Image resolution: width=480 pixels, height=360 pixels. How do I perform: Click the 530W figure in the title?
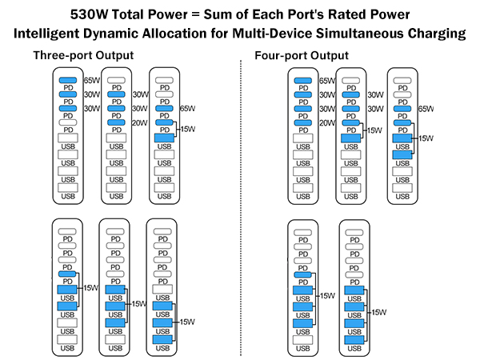pyautogui.click(x=89, y=14)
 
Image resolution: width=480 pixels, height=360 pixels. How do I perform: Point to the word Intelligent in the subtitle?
pyautogui.click(x=46, y=34)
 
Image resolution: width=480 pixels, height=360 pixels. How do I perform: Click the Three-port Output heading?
pyautogui.click(x=83, y=55)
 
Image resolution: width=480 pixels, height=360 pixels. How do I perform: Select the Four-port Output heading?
pyautogui.click(x=302, y=56)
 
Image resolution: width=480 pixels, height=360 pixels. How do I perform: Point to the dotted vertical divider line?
pyautogui.click(x=241, y=208)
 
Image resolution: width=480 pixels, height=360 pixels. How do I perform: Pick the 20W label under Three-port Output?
pyautogui.click(x=139, y=122)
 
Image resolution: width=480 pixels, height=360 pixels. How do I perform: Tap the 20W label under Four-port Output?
pyautogui.click(x=327, y=123)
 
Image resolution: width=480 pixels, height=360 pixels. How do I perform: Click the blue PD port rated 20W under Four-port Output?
pyautogui.click(x=303, y=123)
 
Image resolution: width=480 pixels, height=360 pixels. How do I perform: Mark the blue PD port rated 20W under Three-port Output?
pyautogui.click(x=116, y=122)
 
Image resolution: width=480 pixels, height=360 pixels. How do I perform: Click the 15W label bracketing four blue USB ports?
pyautogui.click(x=378, y=312)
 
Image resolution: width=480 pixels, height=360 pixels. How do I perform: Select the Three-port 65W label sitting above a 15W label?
pyautogui.click(x=187, y=108)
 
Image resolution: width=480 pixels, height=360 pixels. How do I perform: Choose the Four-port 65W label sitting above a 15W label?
pyautogui.click(x=426, y=109)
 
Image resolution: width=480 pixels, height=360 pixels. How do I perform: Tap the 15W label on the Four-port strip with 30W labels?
pyautogui.click(x=374, y=130)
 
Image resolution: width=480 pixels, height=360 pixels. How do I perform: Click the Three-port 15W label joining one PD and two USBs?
pyautogui.click(x=91, y=288)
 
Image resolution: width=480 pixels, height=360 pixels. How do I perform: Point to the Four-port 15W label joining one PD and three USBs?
pyautogui.click(x=327, y=296)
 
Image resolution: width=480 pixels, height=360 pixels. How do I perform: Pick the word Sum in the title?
pyautogui.click(x=217, y=14)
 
